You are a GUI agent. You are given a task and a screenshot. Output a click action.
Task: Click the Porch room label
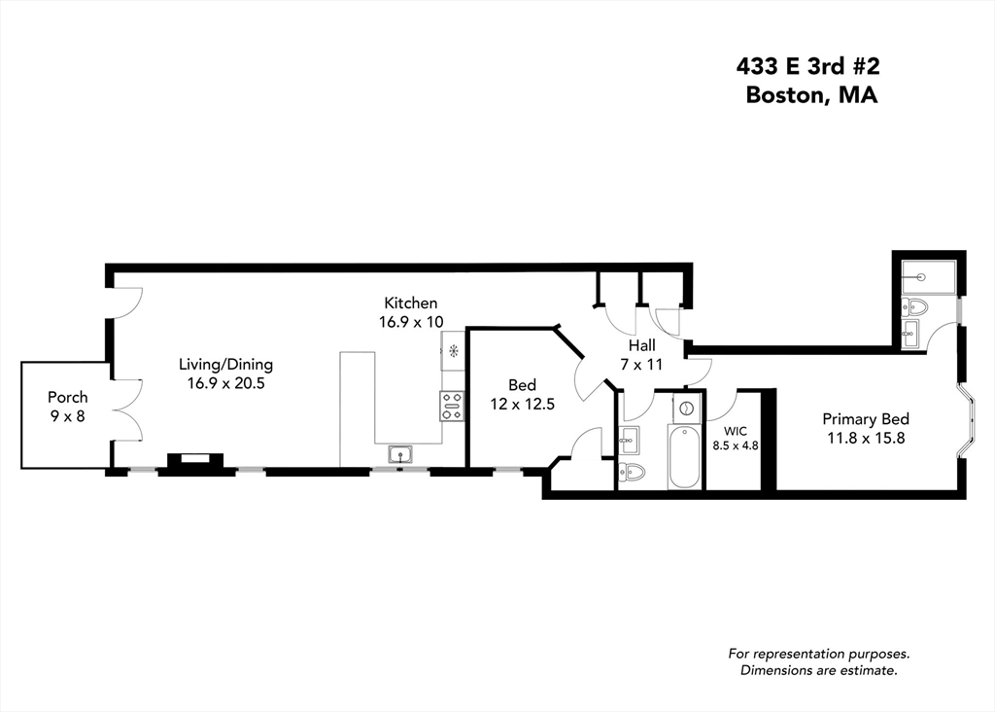(68, 397)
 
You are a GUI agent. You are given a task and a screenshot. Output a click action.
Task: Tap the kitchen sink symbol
(399, 454)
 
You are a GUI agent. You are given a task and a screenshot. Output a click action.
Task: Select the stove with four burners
(452, 406)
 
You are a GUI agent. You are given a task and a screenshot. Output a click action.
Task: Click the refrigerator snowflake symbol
(453, 351)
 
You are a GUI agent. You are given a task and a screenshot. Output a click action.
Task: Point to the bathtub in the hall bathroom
(685, 458)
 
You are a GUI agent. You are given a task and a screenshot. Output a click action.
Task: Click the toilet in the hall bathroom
(630, 474)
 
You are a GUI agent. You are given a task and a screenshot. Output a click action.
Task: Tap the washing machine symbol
(686, 408)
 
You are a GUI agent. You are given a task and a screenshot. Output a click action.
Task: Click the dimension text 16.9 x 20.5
(225, 383)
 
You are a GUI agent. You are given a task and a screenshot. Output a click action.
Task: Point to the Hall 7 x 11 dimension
(641, 363)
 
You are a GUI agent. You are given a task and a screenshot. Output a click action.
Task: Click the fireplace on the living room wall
(196, 463)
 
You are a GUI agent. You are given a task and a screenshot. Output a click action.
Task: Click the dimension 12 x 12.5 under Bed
(522, 404)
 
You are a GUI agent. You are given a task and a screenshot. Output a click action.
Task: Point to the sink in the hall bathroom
(627, 440)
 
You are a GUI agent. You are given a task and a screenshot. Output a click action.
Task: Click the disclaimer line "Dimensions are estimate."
(818, 670)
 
